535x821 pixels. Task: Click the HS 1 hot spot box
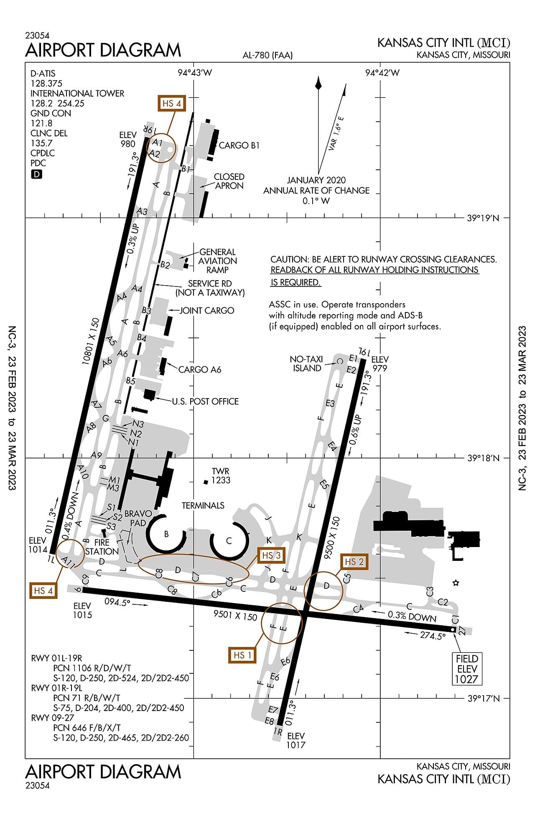242,655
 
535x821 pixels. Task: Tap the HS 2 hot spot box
354,562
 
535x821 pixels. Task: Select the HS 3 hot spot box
271,555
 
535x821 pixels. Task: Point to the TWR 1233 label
220,476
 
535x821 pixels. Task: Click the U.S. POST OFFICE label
205,402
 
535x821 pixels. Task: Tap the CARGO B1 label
239,146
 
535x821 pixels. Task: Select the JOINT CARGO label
207,311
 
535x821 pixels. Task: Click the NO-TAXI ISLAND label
306,364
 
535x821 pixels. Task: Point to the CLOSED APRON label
229,181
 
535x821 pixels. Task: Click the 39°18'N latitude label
483,458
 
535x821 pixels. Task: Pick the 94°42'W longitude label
382,73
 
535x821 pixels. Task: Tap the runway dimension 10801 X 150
91,341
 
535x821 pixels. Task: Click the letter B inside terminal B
166,534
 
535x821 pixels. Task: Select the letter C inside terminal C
229,541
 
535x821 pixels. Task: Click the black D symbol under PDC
37,174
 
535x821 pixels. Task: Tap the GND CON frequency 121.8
41,123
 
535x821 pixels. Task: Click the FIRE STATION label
102,547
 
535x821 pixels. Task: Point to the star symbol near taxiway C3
456,583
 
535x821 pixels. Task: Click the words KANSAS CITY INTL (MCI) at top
443,43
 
